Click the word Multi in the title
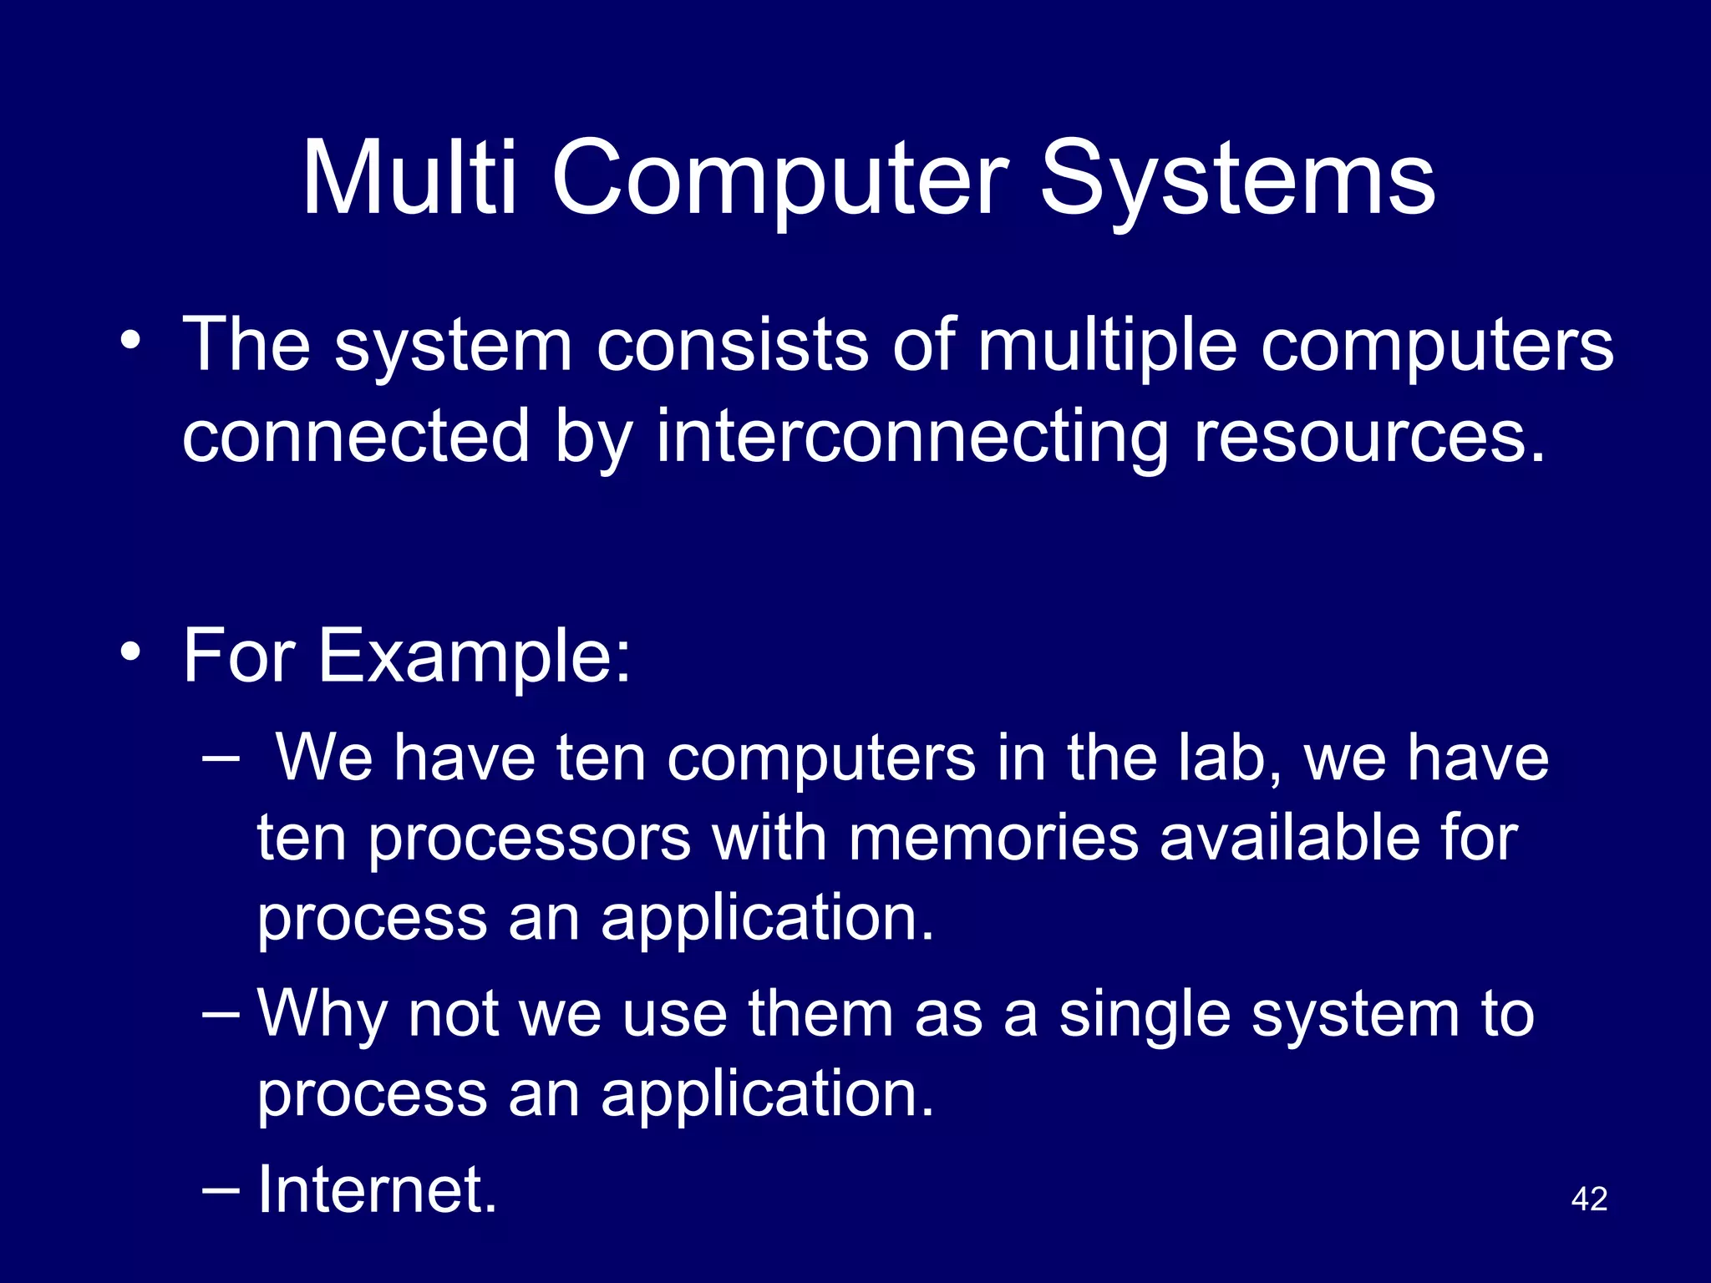point(409,178)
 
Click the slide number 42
point(1589,1199)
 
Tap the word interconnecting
point(911,437)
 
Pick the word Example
point(474,656)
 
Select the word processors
point(530,839)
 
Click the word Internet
point(376,1189)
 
